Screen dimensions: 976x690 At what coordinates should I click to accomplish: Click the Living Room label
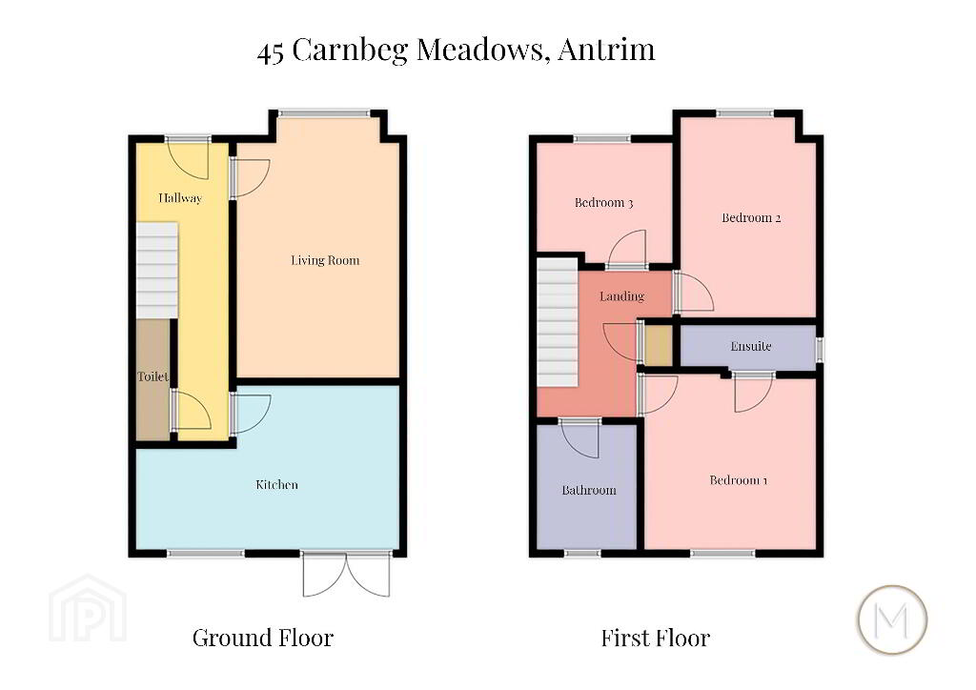325,261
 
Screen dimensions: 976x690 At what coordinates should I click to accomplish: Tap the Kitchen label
277,485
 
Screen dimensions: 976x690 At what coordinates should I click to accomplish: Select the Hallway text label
180,198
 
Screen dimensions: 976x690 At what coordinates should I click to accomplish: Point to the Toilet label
153,376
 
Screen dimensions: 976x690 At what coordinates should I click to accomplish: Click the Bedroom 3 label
603,203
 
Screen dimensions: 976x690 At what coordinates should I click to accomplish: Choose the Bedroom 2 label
751,217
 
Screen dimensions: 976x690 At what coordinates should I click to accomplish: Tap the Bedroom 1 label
739,480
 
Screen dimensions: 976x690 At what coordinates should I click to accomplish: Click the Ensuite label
751,346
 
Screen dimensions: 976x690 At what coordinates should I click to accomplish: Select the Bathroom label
589,490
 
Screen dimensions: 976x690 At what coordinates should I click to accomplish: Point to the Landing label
621,296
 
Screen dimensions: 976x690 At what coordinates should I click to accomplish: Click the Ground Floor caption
263,638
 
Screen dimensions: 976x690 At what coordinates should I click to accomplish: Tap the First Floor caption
656,638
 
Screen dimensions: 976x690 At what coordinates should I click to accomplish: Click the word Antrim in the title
606,50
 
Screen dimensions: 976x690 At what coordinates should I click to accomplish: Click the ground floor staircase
157,271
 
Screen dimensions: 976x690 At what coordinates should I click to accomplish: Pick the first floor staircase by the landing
558,322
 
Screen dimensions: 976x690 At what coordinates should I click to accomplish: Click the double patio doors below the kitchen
347,574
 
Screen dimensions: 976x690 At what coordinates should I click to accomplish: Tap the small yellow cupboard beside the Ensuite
658,345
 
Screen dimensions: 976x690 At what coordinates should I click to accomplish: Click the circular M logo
892,619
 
